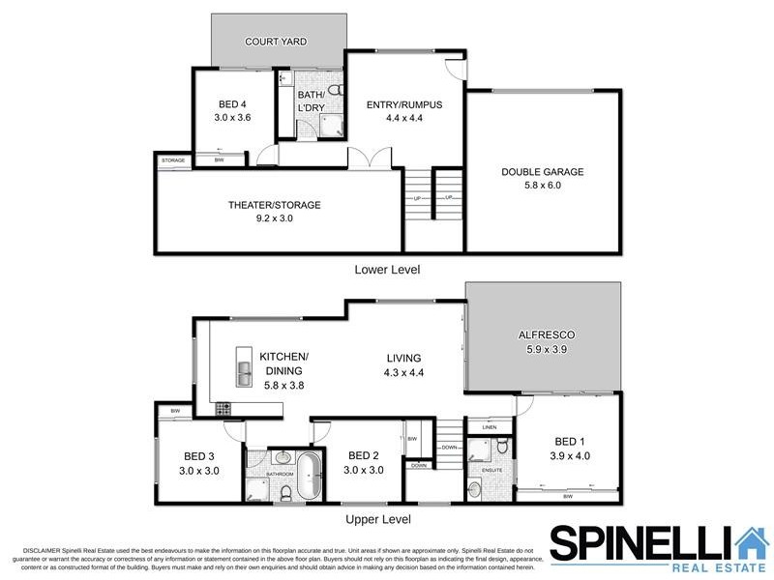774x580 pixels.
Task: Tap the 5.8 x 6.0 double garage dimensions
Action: [x=542, y=187]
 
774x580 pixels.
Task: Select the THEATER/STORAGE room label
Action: [x=275, y=205]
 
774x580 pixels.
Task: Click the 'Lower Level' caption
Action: [x=387, y=269]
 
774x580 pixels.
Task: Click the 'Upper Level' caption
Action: [x=384, y=519]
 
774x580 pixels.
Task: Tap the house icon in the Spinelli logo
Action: [x=750, y=543]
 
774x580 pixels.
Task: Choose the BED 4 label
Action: [x=231, y=104]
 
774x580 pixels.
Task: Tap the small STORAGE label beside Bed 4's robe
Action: [x=173, y=159]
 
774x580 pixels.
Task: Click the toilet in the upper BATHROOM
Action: [x=286, y=493]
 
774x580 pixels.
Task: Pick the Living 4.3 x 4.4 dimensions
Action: [x=404, y=372]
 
